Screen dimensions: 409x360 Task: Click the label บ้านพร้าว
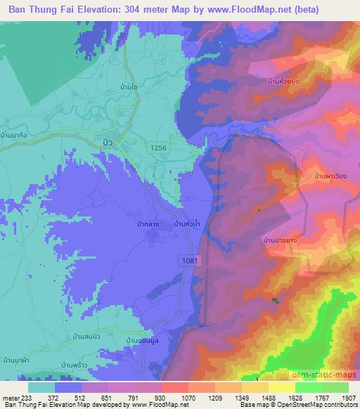click(74, 365)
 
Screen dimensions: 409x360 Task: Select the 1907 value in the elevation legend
click(347, 397)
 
